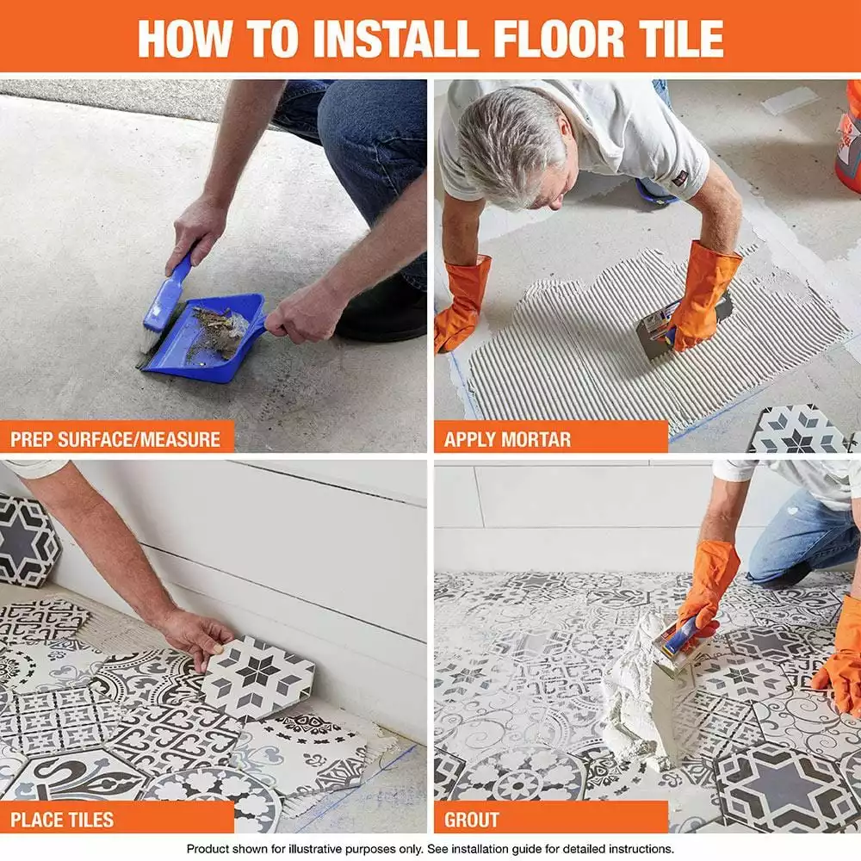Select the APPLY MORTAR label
coord(508,439)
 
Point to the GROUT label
coord(472,818)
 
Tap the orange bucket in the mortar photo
coord(849,138)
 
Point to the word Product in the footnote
coord(210,849)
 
